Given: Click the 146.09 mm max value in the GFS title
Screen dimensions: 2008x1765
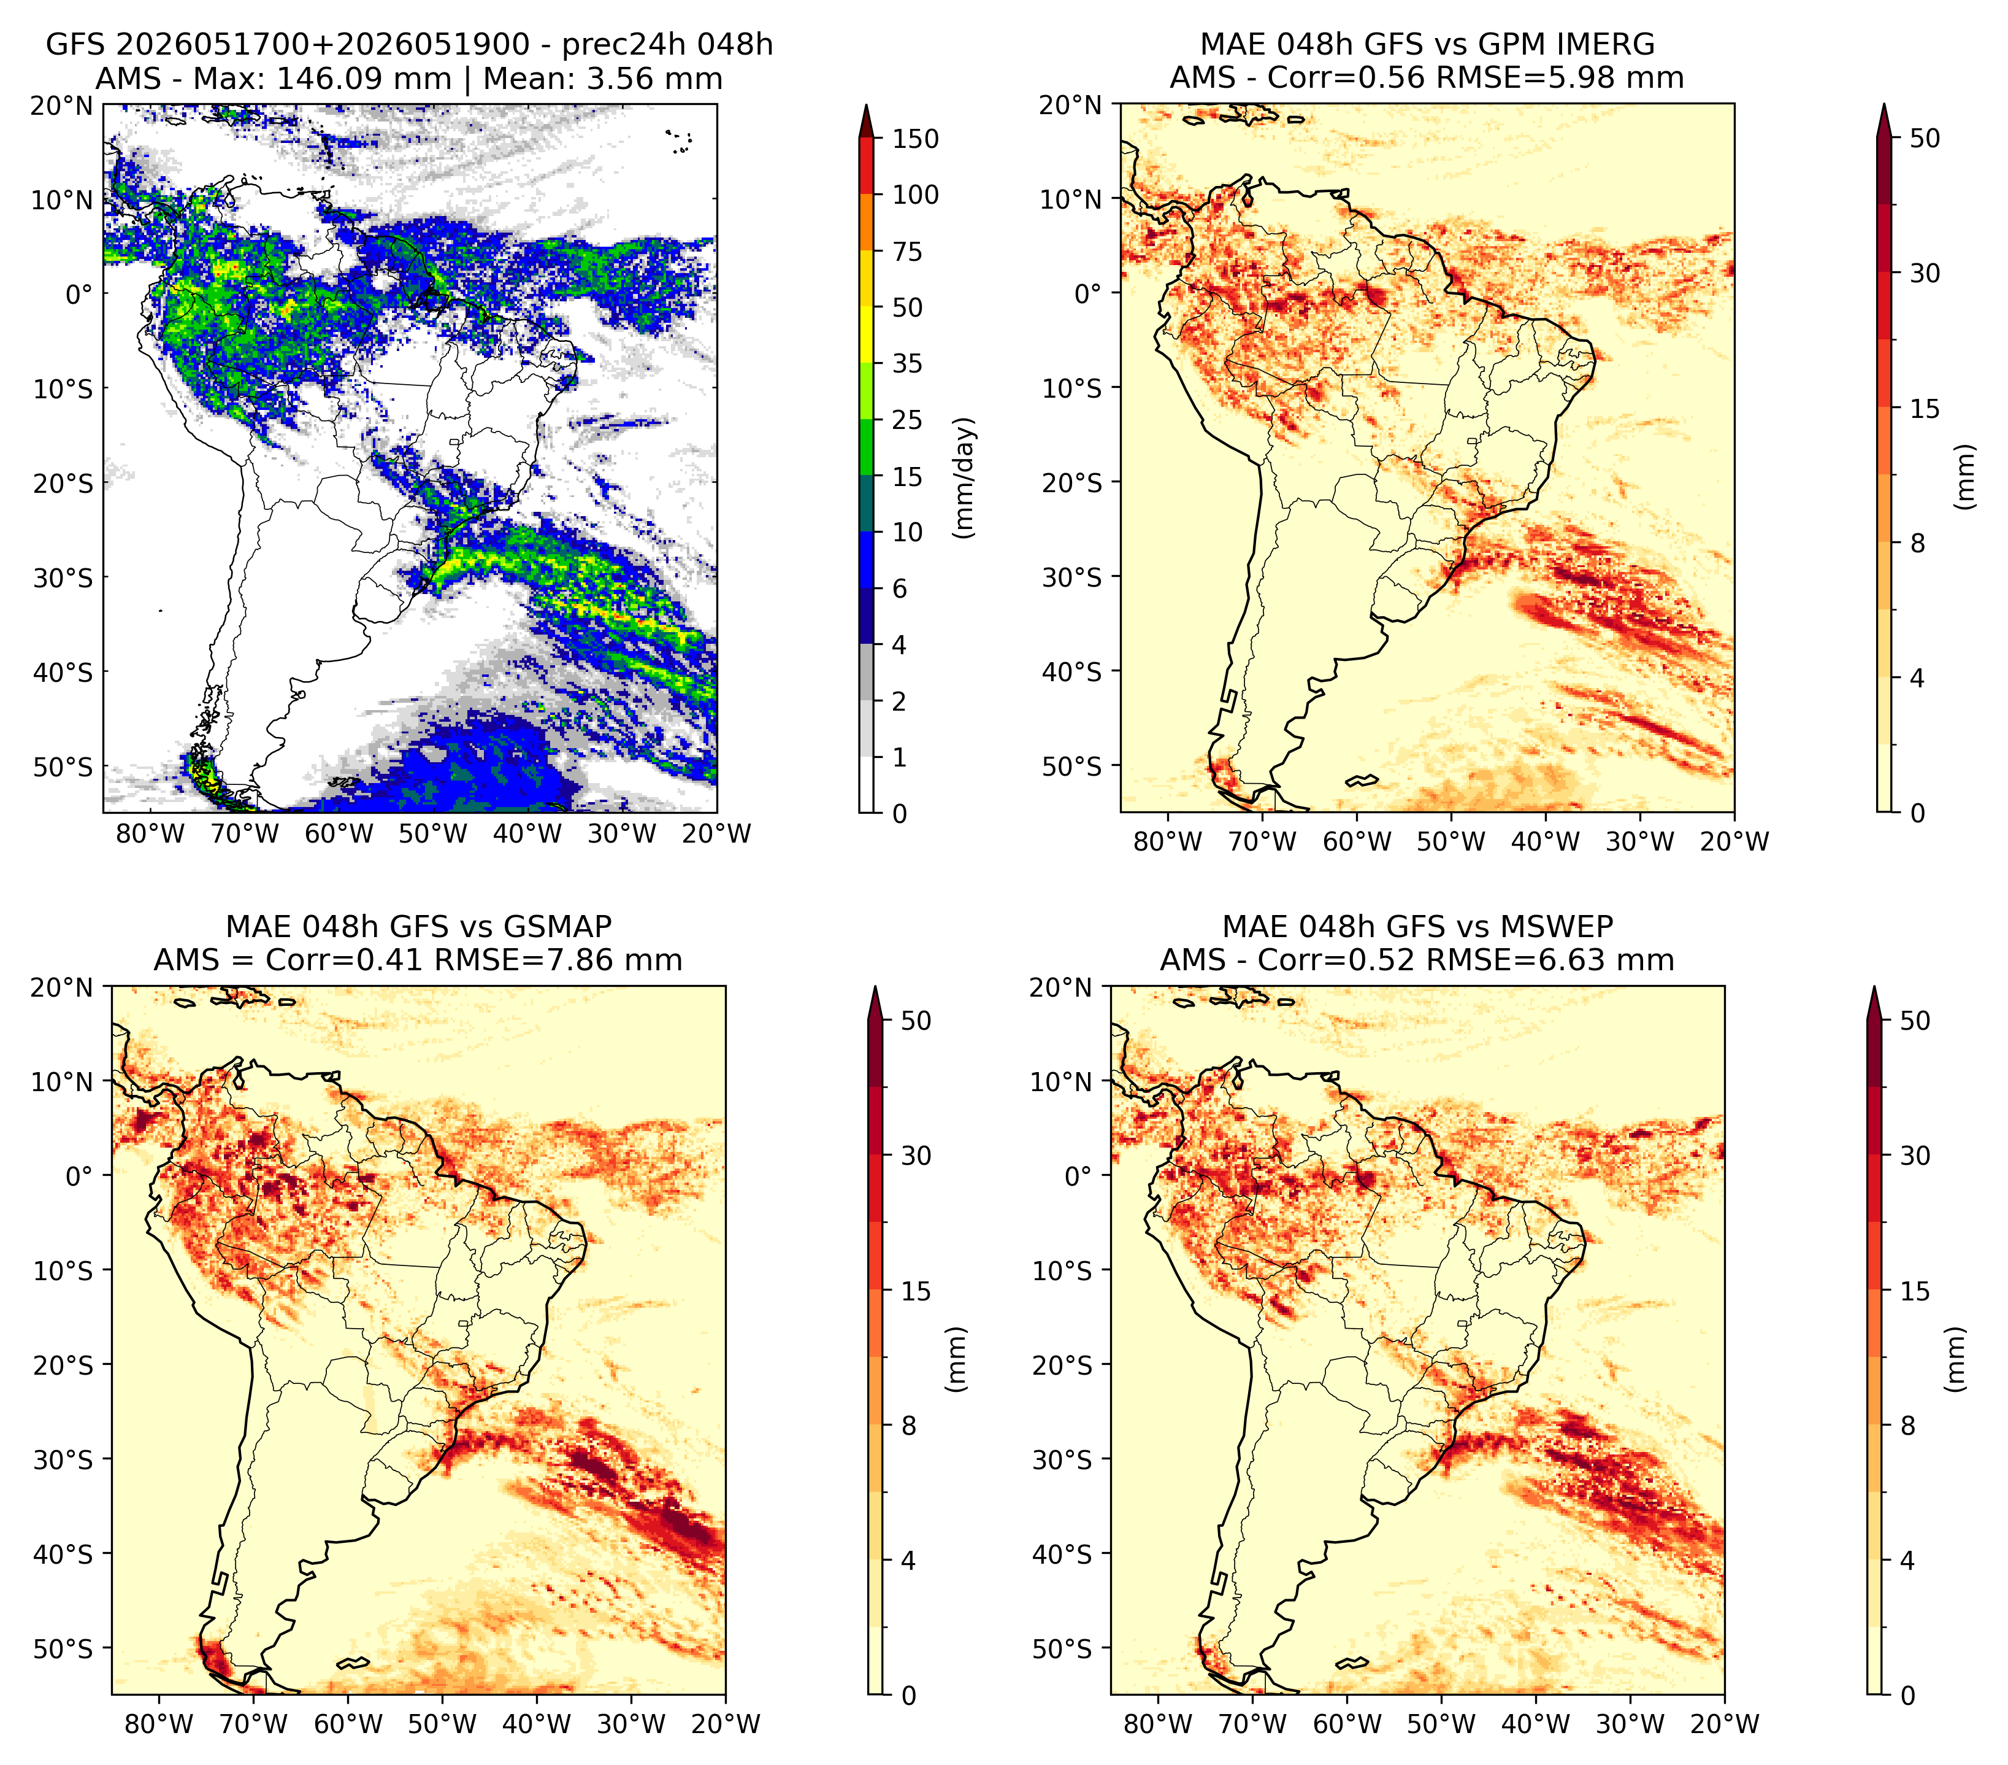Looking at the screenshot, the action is (x=364, y=79).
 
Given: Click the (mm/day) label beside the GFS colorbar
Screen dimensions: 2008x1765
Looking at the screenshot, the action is (x=966, y=477).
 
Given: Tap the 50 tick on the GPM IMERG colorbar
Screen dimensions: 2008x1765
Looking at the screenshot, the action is (x=1925, y=139).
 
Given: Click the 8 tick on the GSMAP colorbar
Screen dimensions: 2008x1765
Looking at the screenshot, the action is (x=909, y=1425).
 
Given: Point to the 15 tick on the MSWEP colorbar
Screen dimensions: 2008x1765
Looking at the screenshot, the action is (x=1915, y=1291).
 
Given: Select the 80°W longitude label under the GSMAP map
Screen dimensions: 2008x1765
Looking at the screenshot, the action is (x=159, y=1724).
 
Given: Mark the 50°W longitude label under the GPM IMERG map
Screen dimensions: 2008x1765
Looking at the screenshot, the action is (x=1451, y=841).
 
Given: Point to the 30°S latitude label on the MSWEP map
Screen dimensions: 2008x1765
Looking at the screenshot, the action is (x=1063, y=1459).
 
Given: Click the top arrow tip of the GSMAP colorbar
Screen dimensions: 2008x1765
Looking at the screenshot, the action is (x=875, y=987).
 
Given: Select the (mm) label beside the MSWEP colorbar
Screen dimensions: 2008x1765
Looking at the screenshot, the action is (x=1957, y=1360).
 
